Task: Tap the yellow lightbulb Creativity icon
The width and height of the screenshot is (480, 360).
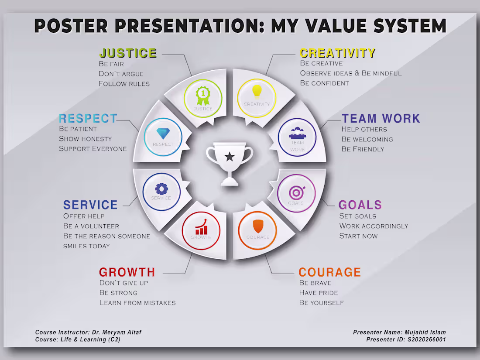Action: (x=257, y=91)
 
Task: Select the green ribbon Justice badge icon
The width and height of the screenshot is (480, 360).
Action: (x=202, y=94)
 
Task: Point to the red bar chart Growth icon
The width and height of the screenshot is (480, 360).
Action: (x=201, y=227)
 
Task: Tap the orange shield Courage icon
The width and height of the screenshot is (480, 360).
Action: (x=258, y=226)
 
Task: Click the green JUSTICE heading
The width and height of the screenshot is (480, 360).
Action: (x=128, y=53)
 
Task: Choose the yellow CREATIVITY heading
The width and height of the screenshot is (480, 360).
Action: (x=337, y=53)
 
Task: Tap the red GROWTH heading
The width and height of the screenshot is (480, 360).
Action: (x=127, y=272)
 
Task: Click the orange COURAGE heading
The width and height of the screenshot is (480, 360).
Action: (x=329, y=272)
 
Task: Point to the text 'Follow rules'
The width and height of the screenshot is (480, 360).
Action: (x=124, y=83)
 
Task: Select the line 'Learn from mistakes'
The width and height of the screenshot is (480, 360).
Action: (x=137, y=302)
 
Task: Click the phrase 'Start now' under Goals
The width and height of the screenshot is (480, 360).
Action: (x=358, y=236)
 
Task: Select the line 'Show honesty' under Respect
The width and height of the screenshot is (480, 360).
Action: (x=86, y=139)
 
